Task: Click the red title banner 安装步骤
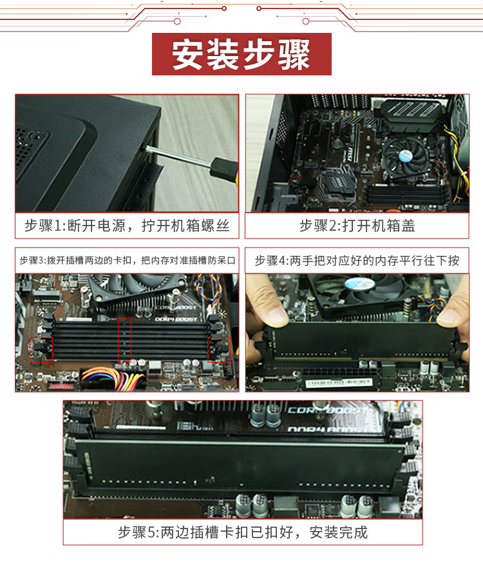(241, 54)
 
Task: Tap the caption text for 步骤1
(127, 226)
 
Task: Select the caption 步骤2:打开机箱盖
(357, 226)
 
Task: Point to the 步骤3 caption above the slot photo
(127, 260)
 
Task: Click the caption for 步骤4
(357, 260)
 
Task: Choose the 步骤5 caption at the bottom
(243, 532)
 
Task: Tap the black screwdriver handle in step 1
(224, 170)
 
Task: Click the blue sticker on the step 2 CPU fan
(405, 156)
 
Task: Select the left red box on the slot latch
(41, 349)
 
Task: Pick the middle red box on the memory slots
(124, 340)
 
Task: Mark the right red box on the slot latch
(220, 349)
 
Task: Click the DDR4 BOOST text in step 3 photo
(176, 319)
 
